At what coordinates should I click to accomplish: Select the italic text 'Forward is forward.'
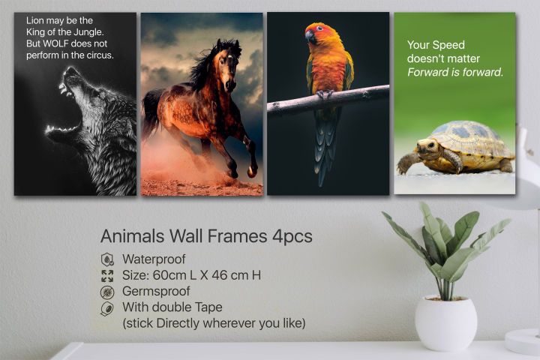pos(454,72)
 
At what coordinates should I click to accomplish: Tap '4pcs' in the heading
pos(292,235)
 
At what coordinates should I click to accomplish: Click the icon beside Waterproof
pos(107,259)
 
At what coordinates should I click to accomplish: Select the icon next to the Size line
pos(107,275)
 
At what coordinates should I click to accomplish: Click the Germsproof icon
pos(107,292)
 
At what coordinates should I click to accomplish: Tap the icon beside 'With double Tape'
pos(107,308)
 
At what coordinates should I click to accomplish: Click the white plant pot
pos(445,322)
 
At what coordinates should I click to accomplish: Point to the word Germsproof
pos(158,291)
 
